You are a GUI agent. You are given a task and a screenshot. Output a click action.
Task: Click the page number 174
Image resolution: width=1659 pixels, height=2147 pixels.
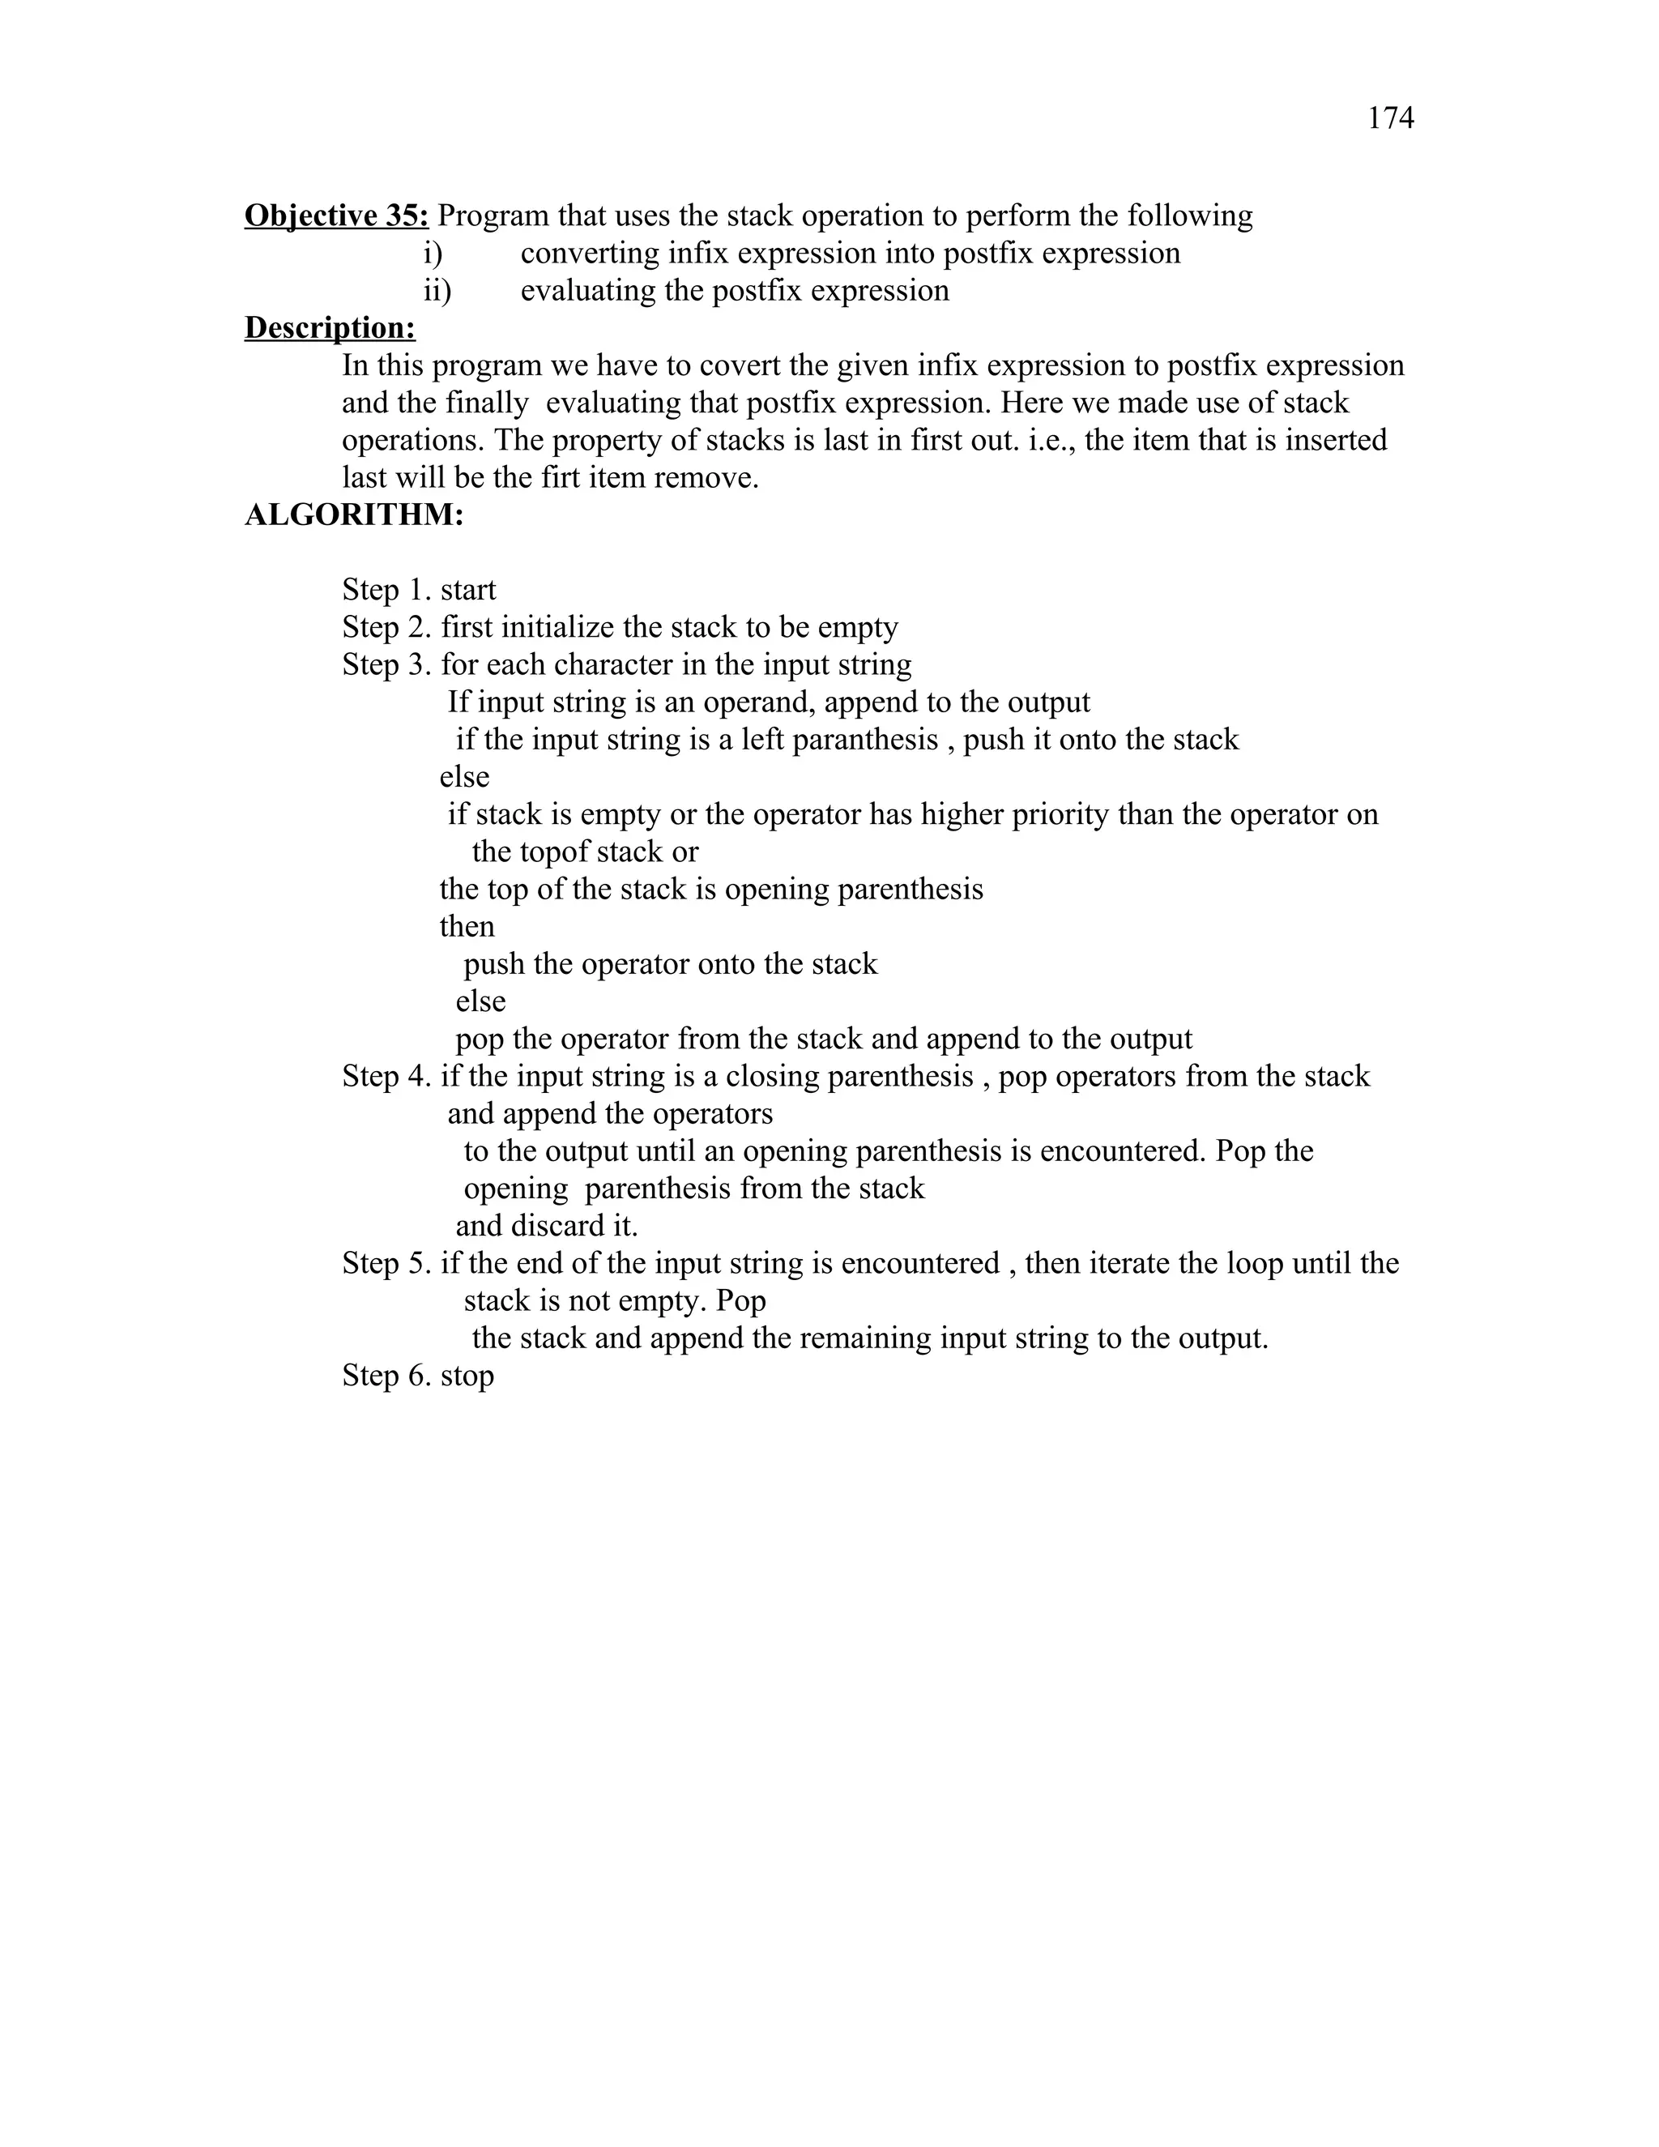[x=1390, y=119]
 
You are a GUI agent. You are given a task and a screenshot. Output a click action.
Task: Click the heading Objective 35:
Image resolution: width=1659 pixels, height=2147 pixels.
[x=336, y=216]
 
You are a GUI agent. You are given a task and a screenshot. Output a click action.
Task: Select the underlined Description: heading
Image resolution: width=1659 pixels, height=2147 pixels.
[x=329, y=328]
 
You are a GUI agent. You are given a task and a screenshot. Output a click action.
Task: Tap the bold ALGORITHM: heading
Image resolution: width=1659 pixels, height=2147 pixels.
[x=354, y=515]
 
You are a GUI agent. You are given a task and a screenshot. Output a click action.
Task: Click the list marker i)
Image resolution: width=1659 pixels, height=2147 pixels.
[x=433, y=254]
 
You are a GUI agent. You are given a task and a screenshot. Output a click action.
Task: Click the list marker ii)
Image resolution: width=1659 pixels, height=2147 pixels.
[x=437, y=291]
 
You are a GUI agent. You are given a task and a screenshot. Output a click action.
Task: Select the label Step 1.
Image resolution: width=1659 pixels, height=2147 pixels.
[x=386, y=590]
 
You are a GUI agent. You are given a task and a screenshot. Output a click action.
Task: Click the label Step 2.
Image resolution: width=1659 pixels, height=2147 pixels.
[x=386, y=627]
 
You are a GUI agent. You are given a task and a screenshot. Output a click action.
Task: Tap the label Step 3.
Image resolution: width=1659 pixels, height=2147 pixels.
[x=386, y=664]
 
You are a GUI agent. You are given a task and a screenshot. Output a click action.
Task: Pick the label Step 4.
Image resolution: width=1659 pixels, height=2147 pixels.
[x=386, y=1077]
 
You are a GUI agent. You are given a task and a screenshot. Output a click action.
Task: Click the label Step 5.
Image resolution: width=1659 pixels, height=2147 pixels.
[x=386, y=1263]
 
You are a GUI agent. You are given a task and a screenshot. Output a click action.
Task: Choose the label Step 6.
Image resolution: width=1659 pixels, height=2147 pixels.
[x=386, y=1376]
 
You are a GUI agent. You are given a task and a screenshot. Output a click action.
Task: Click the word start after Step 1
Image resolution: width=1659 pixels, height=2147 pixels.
[x=468, y=590]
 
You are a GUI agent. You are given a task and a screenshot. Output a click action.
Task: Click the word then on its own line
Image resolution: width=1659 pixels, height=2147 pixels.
[x=467, y=926]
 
